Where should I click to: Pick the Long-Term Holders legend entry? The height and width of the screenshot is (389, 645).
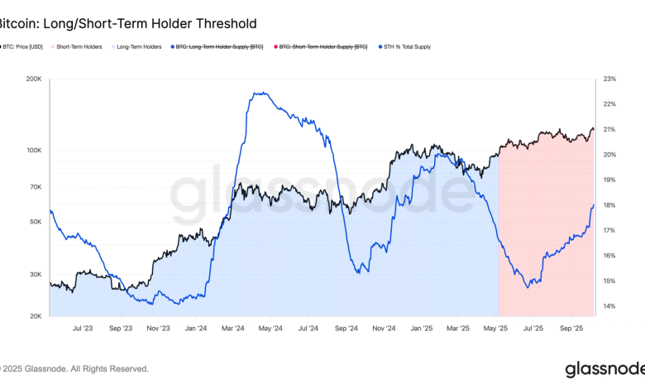coord(137,47)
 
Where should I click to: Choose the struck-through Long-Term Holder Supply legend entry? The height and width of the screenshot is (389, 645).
coord(218,47)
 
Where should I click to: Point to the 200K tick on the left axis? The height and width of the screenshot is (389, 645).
coord(34,79)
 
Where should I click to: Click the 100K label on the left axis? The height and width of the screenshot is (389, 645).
coord(34,151)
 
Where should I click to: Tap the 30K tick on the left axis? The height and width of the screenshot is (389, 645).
coord(36,275)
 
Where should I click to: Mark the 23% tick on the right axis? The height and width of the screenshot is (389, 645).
coord(609,79)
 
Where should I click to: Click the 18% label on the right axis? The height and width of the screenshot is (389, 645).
coord(609,205)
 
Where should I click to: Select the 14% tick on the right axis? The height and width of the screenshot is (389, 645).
coord(609,307)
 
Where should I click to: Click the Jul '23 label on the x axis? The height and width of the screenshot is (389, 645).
coord(83,329)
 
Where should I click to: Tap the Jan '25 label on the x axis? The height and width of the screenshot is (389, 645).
coord(422,329)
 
